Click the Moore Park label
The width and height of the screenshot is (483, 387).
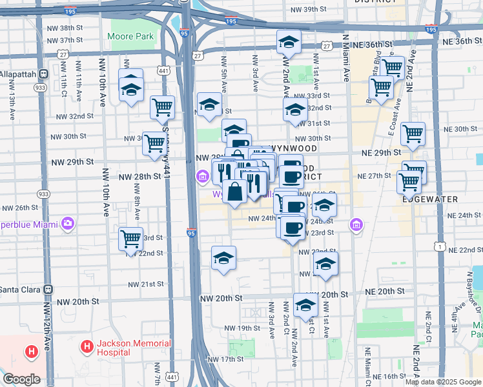(x=132, y=37)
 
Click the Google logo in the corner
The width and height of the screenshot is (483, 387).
(x=21, y=379)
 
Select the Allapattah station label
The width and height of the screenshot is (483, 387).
(x=17, y=74)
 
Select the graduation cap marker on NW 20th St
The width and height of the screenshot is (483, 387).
(x=305, y=306)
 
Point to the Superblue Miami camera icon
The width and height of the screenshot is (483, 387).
(x=68, y=224)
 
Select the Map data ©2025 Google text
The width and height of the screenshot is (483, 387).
(x=443, y=382)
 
